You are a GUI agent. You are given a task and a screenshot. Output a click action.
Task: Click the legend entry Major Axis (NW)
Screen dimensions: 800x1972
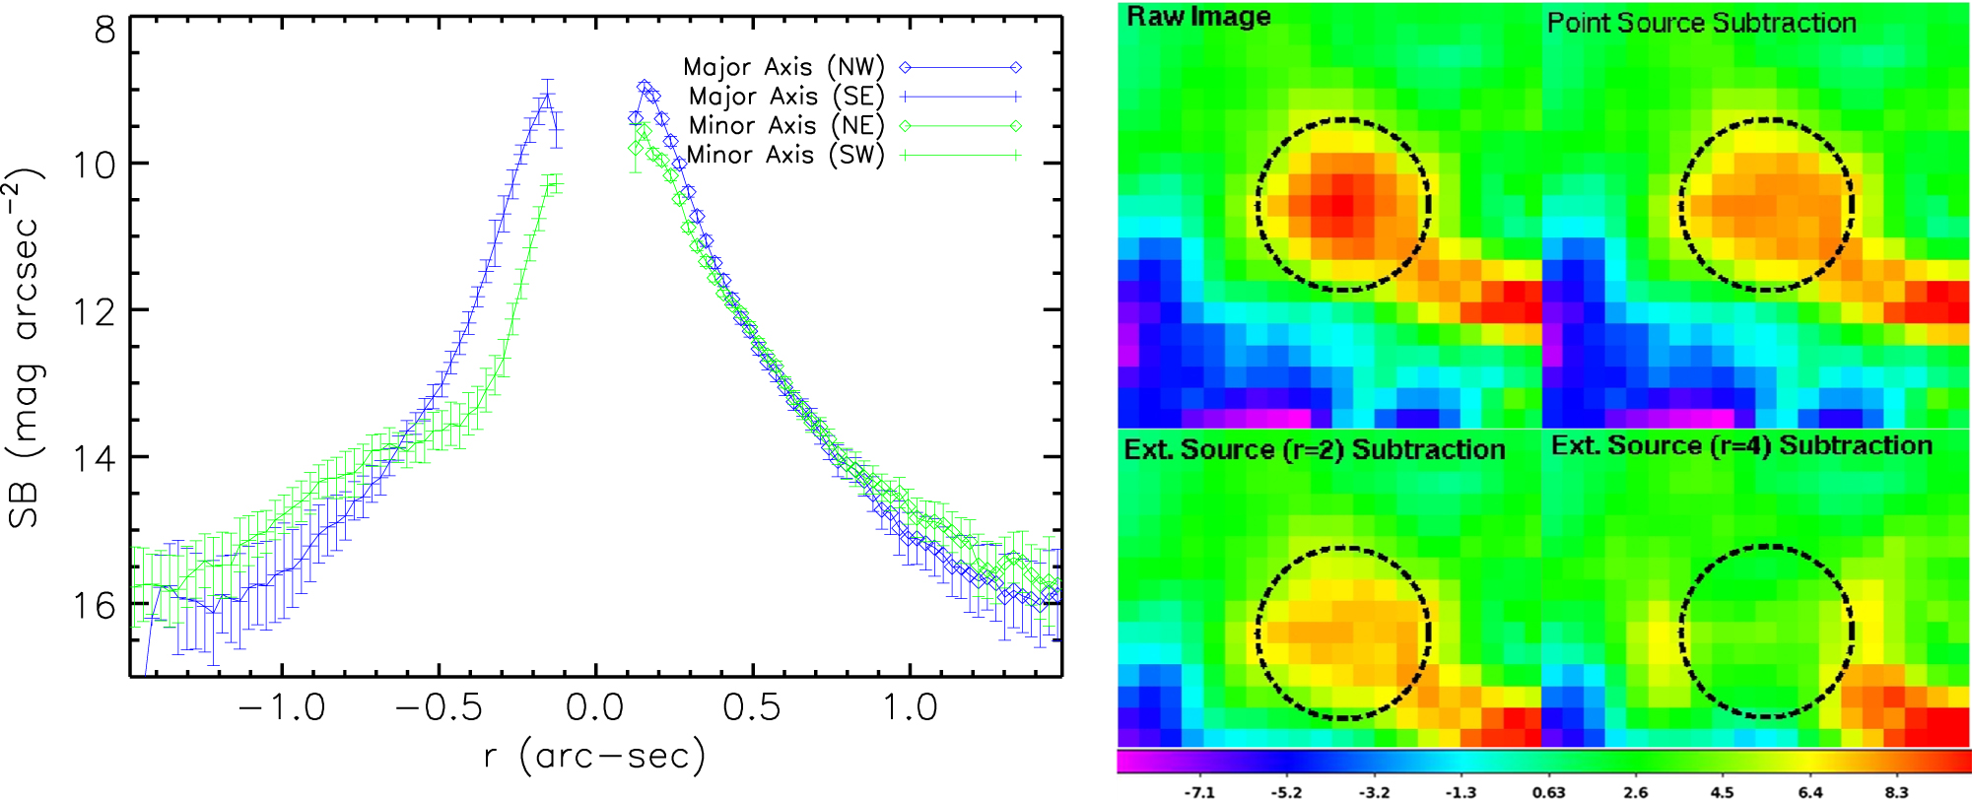click(783, 67)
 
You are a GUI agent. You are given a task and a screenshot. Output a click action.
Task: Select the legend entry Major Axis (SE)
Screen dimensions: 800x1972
click(785, 97)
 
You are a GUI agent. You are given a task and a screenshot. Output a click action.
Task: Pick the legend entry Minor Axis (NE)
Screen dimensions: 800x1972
click(785, 125)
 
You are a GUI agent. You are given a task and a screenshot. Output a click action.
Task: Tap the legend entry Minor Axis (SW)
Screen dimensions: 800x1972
click(784, 155)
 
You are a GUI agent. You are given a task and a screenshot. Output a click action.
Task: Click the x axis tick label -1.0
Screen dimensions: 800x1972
click(283, 707)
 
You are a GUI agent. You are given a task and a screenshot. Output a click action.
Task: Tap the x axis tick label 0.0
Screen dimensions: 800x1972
click(595, 707)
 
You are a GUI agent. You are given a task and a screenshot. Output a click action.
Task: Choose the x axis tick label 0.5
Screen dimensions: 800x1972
click(752, 707)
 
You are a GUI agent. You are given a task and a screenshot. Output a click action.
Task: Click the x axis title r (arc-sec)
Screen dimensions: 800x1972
click(595, 757)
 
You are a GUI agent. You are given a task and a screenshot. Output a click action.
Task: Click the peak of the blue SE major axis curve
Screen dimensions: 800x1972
click(546, 96)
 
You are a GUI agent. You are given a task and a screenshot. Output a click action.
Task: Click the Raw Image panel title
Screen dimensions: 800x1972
click(1198, 17)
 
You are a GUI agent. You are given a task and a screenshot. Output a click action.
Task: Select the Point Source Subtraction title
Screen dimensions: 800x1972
click(1701, 23)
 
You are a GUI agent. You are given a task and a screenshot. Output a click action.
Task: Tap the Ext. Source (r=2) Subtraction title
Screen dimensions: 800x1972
click(1315, 449)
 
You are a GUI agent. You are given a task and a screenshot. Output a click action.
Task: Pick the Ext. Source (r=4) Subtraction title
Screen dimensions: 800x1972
click(1741, 445)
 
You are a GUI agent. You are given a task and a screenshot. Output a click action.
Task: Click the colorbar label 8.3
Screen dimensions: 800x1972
click(1896, 791)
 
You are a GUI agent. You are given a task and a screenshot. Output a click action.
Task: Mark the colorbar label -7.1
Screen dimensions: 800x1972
click(1198, 791)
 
